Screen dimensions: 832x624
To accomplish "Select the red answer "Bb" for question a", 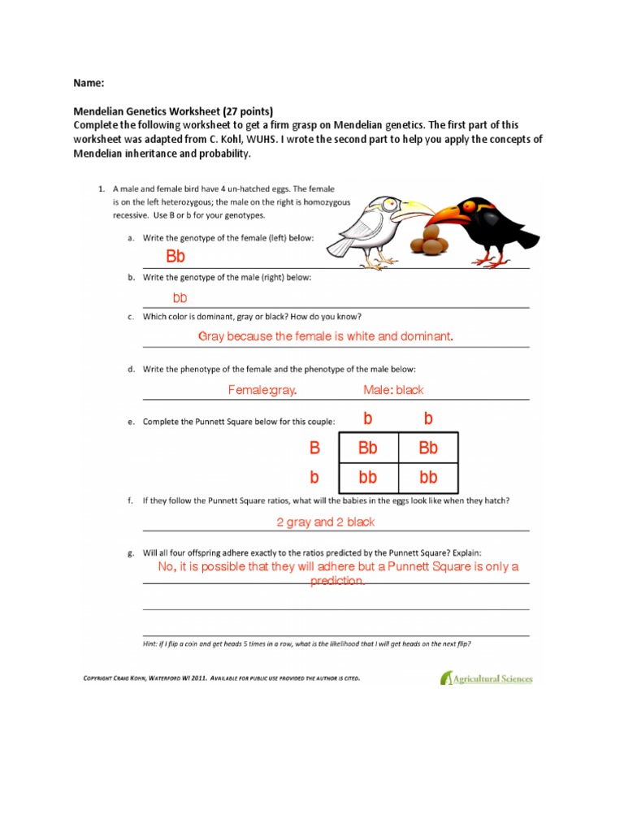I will (175, 257).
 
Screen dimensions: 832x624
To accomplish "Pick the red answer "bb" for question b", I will (180, 298).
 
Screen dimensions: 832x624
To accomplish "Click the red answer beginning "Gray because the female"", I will (325, 336).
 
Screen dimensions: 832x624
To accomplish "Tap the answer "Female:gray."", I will (262, 390).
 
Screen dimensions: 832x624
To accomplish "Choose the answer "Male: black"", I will (393, 390).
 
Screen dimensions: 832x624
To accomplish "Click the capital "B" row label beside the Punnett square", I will (315, 448).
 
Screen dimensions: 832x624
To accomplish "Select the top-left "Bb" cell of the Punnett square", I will (367, 448).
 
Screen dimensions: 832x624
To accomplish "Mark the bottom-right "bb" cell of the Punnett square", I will (427, 477).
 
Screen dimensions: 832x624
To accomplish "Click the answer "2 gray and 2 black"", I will (325, 522).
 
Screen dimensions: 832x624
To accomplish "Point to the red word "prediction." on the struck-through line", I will (337, 582).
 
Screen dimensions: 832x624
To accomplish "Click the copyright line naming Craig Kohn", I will (221, 678).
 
